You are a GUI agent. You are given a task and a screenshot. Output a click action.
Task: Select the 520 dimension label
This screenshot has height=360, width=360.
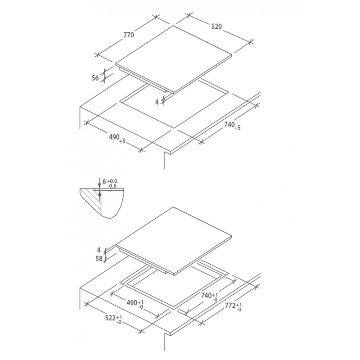pyautogui.click(x=216, y=27)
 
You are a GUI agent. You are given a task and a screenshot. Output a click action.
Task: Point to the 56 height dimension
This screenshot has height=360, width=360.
pyautogui.click(x=95, y=78)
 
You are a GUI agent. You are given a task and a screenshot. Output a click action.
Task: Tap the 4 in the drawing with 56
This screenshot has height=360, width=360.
pyautogui.click(x=157, y=102)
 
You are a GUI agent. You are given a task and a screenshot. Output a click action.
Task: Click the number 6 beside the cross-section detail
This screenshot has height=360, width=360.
pyautogui.click(x=104, y=181)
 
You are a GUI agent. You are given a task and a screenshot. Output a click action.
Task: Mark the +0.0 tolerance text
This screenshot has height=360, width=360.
pyautogui.click(x=113, y=180)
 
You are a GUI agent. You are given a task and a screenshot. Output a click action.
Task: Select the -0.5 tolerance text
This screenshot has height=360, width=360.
pyautogui.click(x=113, y=186)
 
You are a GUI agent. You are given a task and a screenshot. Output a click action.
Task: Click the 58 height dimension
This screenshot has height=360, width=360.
pyautogui.click(x=99, y=258)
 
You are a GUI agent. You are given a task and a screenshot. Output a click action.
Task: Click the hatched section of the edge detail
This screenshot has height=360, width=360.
pyautogui.click(x=89, y=198)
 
